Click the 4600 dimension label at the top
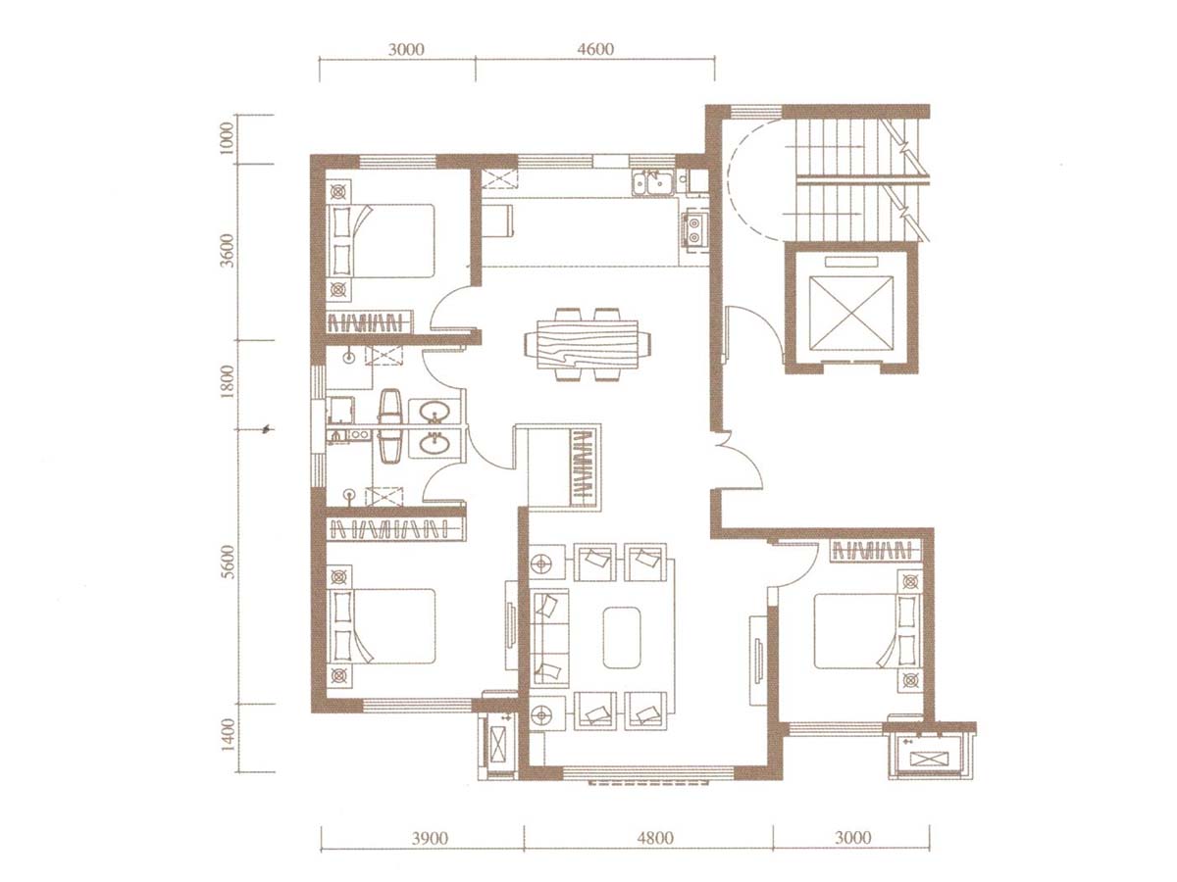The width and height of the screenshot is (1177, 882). (596, 49)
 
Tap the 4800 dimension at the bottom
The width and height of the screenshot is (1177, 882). (655, 838)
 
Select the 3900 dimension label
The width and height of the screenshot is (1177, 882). (430, 838)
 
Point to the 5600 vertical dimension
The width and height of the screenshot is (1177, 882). (229, 562)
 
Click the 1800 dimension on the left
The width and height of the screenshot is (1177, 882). (229, 381)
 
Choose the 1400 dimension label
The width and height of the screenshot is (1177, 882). (229, 735)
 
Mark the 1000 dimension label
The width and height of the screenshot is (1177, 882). (228, 138)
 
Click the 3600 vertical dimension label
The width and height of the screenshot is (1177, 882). (229, 251)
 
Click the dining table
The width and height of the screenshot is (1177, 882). (588, 345)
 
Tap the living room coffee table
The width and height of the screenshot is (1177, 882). (622, 637)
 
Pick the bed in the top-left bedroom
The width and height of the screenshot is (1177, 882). (381, 240)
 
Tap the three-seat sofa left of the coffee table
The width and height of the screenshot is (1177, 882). (549, 637)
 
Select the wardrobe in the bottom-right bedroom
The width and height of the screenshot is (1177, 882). (875, 550)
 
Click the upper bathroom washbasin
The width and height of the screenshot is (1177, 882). (434, 413)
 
